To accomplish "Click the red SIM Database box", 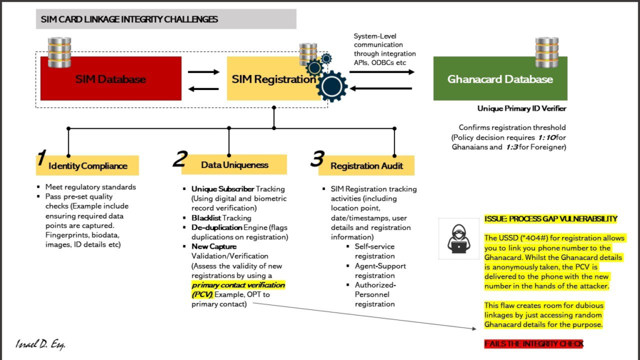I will (x=111, y=79).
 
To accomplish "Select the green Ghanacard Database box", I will (x=500, y=79).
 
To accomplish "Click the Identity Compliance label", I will (x=87, y=166).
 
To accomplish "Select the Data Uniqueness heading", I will (x=234, y=165).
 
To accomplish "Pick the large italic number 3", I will (x=317, y=159).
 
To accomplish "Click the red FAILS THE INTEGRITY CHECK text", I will (x=534, y=344).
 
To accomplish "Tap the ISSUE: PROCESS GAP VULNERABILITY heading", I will (x=551, y=219).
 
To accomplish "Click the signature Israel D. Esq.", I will (x=41, y=345).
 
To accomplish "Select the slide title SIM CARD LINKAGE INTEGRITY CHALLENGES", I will (x=129, y=19).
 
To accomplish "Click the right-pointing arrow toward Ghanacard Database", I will (x=382, y=72).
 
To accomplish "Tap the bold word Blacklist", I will (x=206, y=218).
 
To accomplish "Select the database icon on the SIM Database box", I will (x=60, y=52).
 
